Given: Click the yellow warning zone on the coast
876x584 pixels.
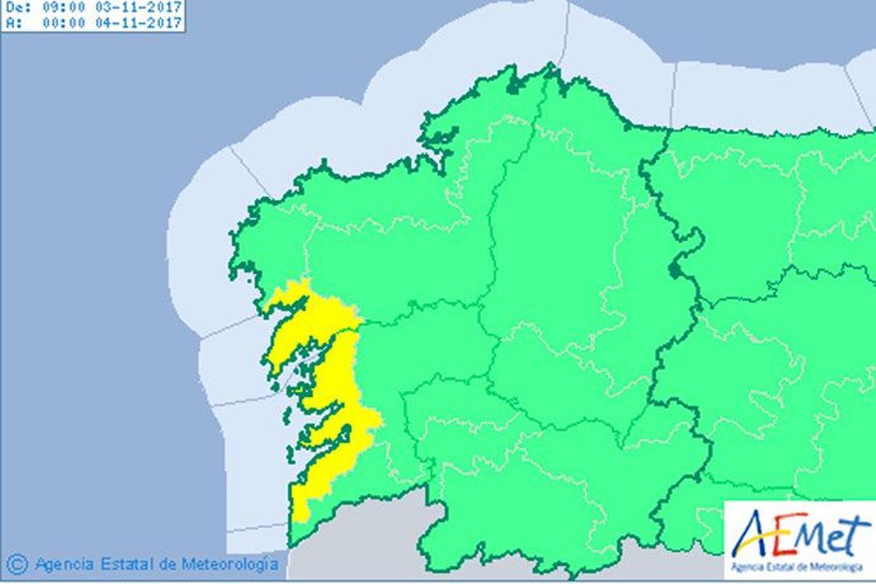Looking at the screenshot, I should coord(332,380).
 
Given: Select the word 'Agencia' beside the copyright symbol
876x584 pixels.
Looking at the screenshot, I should coord(64,564).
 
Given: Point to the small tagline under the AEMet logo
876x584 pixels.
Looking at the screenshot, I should coord(799,566).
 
